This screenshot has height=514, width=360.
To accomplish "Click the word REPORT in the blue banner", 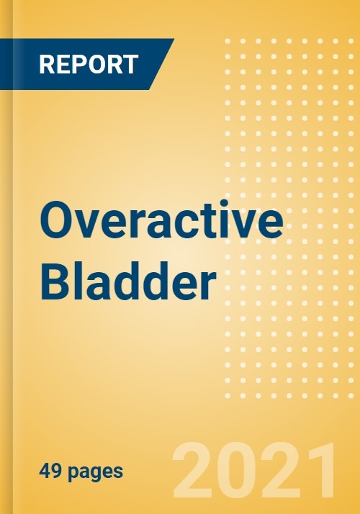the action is tap(93, 64).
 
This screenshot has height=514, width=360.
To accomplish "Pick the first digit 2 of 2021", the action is tap(192, 470).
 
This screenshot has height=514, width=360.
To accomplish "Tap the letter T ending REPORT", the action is tap(139, 64).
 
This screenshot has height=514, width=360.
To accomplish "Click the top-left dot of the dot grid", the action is tap(228, 41).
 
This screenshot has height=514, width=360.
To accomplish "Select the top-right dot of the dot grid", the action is tap(351, 41).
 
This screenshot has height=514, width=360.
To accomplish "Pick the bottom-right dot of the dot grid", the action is tap(351, 396).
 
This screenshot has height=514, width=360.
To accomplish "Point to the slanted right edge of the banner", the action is tap(162, 64).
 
